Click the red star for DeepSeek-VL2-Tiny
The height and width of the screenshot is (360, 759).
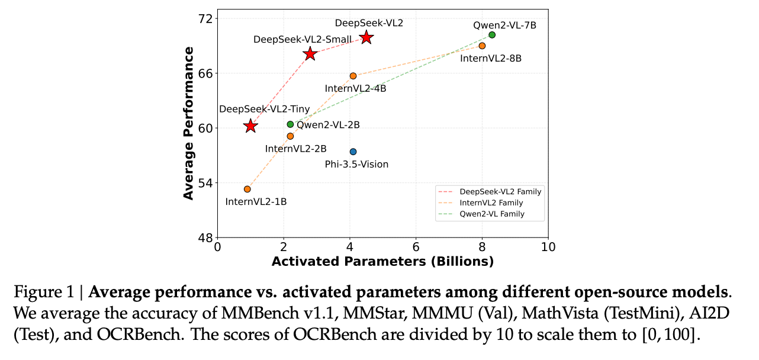[250, 126]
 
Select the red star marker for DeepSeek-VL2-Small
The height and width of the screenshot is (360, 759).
[310, 54]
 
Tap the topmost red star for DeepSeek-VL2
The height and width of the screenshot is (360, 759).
[366, 37]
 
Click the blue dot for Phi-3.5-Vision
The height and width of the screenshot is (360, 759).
[353, 152]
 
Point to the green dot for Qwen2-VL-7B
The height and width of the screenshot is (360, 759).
[492, 35]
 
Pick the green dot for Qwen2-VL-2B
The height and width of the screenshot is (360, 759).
[290, 124]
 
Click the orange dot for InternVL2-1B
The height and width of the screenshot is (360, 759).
[247, 189]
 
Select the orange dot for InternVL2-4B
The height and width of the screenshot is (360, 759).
[353, 76]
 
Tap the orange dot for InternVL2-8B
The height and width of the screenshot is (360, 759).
[482, 46]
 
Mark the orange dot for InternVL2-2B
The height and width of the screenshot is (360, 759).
[290, 136]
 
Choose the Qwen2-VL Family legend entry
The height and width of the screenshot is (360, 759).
[492, 214]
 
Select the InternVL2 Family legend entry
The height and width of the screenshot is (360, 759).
[491, 203]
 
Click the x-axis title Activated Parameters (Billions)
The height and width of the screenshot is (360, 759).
[382, 261]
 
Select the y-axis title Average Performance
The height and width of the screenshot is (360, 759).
[189, 123]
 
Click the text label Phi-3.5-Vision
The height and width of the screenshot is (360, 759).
[356, 164]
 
